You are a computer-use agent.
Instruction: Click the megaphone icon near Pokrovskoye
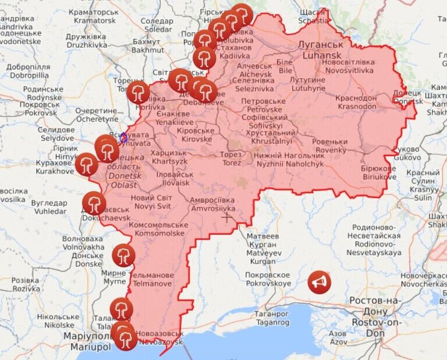tap(319, 283)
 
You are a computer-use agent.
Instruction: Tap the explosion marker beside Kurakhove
tap(87, 164)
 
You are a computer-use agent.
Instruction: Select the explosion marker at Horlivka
tap(138, 93)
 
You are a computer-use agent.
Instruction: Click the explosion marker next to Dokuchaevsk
tap(94, 203)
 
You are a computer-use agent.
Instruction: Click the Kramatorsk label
tap(94, 16)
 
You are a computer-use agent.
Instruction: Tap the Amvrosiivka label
tap(212, 204)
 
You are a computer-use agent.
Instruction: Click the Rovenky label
tap(329, 146)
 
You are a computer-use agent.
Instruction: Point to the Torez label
tap(231, 159)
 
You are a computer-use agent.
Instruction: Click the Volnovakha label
tap(82, 242)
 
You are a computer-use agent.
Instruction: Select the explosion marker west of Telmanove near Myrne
tap(123, 255)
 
